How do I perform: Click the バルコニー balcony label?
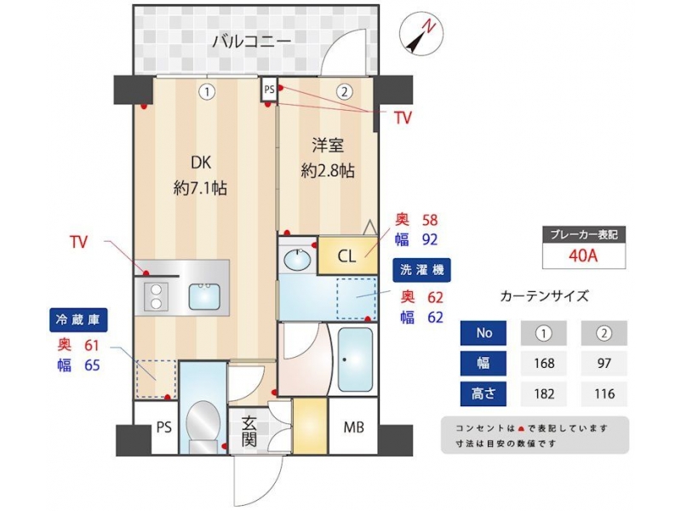click(252, 42)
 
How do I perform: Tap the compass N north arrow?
click(421, 34)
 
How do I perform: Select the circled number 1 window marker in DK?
click(207, 92)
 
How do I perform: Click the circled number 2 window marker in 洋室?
click(345, 92)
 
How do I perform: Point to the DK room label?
click(201, 163)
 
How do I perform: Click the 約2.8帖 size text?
click(328, 171)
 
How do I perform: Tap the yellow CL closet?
click(347, 255)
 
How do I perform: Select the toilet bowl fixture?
click(203, 424)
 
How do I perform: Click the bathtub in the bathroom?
click(355, 359)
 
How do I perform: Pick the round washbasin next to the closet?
click(297, 260)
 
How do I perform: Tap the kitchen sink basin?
click(204, 296)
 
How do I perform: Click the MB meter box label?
click(353, 428)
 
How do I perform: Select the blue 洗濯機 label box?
click(421, 270)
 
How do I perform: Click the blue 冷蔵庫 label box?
click(78, 320)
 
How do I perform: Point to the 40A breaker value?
click(583, 255)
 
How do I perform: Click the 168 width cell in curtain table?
click(544, 363)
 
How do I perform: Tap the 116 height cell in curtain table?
click(604, 393)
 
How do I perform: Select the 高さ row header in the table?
click(483, 393)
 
